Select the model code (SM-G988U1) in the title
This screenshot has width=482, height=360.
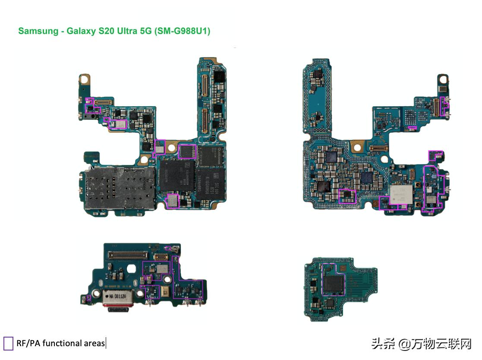pyautogui.click(x=182, y=31)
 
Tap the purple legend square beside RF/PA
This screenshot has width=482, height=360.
pyautogui.click(x=8, y=343)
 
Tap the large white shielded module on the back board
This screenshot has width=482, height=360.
pyautogui.click(x=401, y=194)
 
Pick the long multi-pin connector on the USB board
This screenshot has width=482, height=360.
pyautogui.click(x=130, y=255)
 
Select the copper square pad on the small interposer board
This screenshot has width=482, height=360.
pyautogui.click(x=342, y=268)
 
